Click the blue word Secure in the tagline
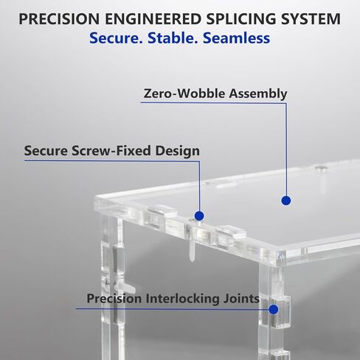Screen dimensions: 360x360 point(116,38)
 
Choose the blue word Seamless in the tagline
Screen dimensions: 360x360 point(237,38)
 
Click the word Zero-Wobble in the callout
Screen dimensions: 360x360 point(184,94)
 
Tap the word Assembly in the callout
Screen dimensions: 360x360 point(258,94)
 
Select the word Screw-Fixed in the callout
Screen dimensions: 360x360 point(111,150)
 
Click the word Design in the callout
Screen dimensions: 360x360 point(177,151)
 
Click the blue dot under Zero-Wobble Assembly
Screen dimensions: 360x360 point(286,201)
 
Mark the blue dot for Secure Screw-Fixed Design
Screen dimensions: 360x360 point(199,216)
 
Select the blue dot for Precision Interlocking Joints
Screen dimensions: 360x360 point(274,309)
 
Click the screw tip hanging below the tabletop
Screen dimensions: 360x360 point(193,260)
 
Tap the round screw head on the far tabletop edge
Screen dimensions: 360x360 point(321,168)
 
